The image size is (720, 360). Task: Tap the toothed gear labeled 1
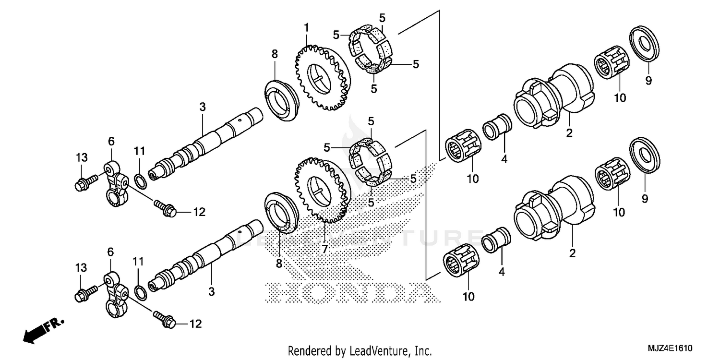(321, 76)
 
